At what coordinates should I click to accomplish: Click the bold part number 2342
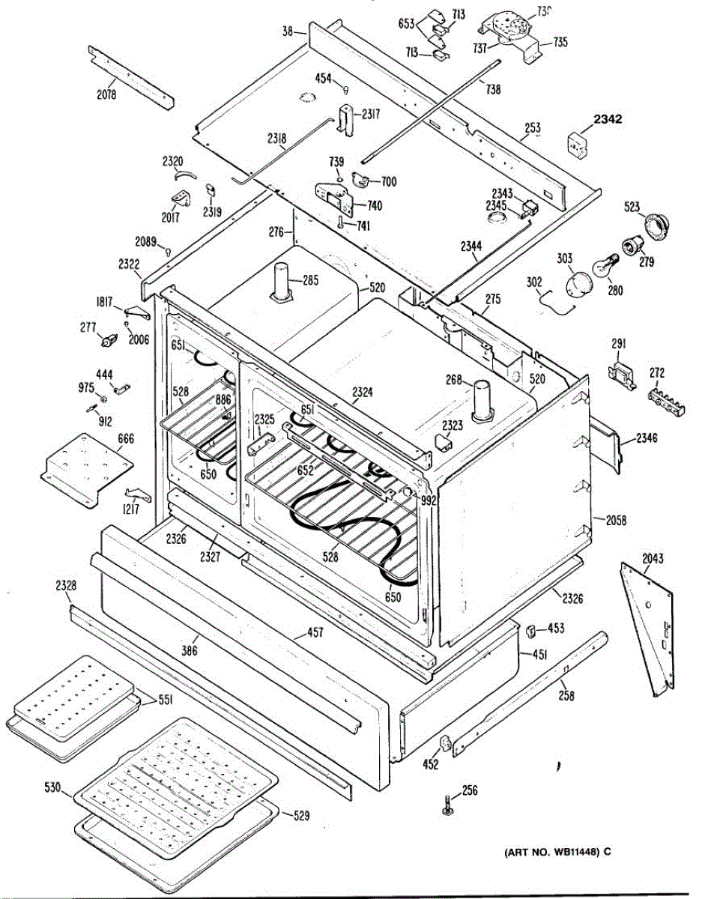pyautogui.click(x=608, y=119)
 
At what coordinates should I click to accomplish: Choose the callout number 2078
pyautogui.click(x=106, y=95)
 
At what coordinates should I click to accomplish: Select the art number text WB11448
pyautogui.click(x=553, y=852)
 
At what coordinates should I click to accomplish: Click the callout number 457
pyautogui.click(x=315, y=634)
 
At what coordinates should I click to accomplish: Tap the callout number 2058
pyautogui.click(x=617, y=520)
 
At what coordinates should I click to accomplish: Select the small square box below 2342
pyautogui.click(x=577, y=145)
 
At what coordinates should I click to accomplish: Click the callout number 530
pyautogui.click(x=52, y=787)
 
